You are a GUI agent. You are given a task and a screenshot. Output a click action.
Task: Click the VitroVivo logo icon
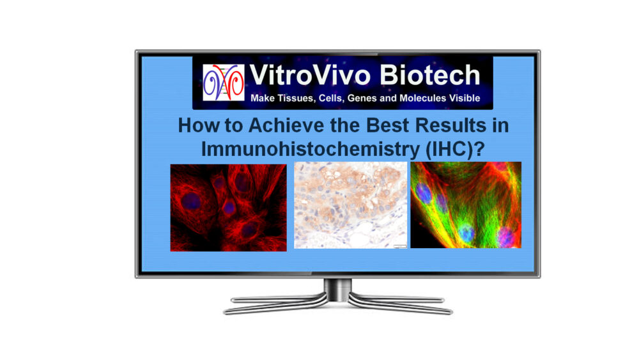click(x=223, y=82)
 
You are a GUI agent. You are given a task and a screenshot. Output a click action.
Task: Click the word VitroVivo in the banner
click(x=310, y=75)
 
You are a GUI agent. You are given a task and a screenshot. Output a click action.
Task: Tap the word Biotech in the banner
click(x=430, y=75)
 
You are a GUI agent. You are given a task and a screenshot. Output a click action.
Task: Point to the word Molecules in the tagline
click(x=422, y=98)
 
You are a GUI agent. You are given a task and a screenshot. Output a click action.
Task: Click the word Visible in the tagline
click(x=465, y=98)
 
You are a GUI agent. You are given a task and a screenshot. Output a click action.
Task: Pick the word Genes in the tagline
click(x=362, y=98)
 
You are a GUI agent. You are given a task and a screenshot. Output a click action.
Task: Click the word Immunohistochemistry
click(x=310, y=149)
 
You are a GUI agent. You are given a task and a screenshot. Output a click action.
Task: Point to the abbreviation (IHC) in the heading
click(x=450, y=149)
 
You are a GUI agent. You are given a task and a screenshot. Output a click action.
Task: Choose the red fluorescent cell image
click(x=229, y=208)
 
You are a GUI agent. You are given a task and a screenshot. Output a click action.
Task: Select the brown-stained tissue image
click(x=350, y=205)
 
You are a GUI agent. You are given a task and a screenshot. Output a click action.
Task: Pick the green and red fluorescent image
click(x=466, y=205)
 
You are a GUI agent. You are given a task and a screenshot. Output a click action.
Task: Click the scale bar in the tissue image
click(x=400, y=246)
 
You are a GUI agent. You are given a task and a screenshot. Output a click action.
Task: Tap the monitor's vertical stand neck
click(x=337, y=290)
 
